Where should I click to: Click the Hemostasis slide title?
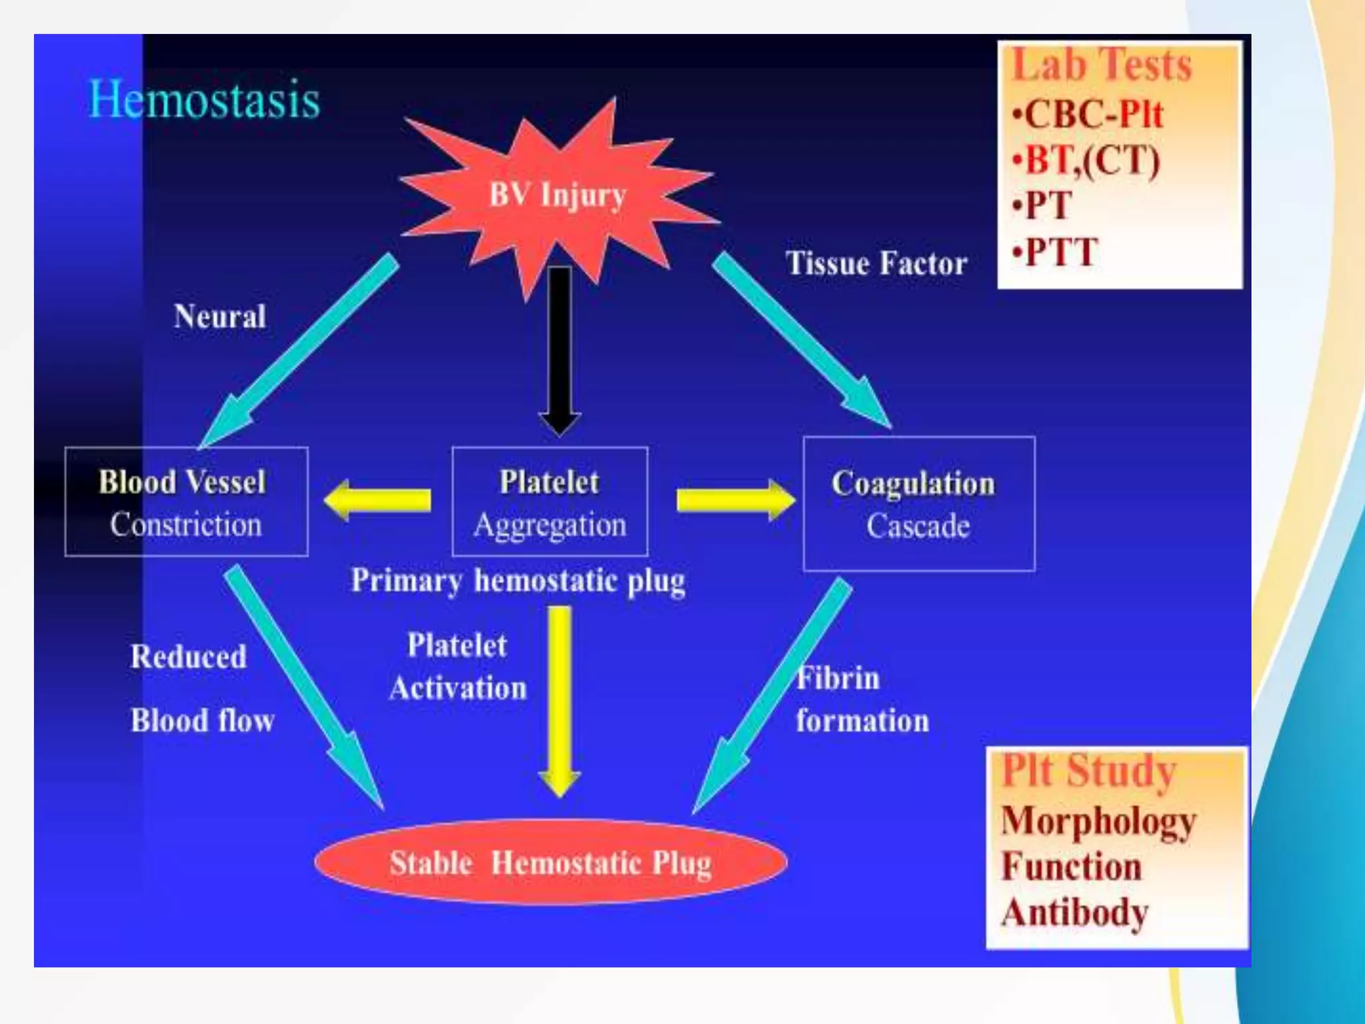pyautogui.click(x=204, y=100)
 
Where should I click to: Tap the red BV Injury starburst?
pyautogui.click(x=557, y=195)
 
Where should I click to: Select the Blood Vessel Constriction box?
pyautogui.click(x=186, y=501)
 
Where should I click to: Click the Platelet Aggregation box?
pyautogui.click(x=549, y=501)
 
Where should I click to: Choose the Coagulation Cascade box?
pyautogui.click(x=918, y=504)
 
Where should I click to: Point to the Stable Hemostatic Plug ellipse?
pyautogui.click(x=551, y=862)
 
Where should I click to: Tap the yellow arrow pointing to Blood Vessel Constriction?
pyautogui.click(x=377, y=500)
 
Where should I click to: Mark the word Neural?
pyautogui.click(x=220, y=316)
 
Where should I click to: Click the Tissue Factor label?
pyautogui.click(x=876, y=263)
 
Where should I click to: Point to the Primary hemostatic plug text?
pyautogui.click(x=518, y=581)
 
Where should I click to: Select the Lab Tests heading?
pyautogui.click(x=1102, y=65)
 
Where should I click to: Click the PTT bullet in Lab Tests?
pyautogui.click(x=1054, y=253)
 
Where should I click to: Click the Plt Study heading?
pyautogui.click(x=1088, y=771)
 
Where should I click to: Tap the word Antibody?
pyautogui.click(x=1074, y=912)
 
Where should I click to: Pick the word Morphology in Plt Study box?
pyautogui.click(x=1098, y=821)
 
